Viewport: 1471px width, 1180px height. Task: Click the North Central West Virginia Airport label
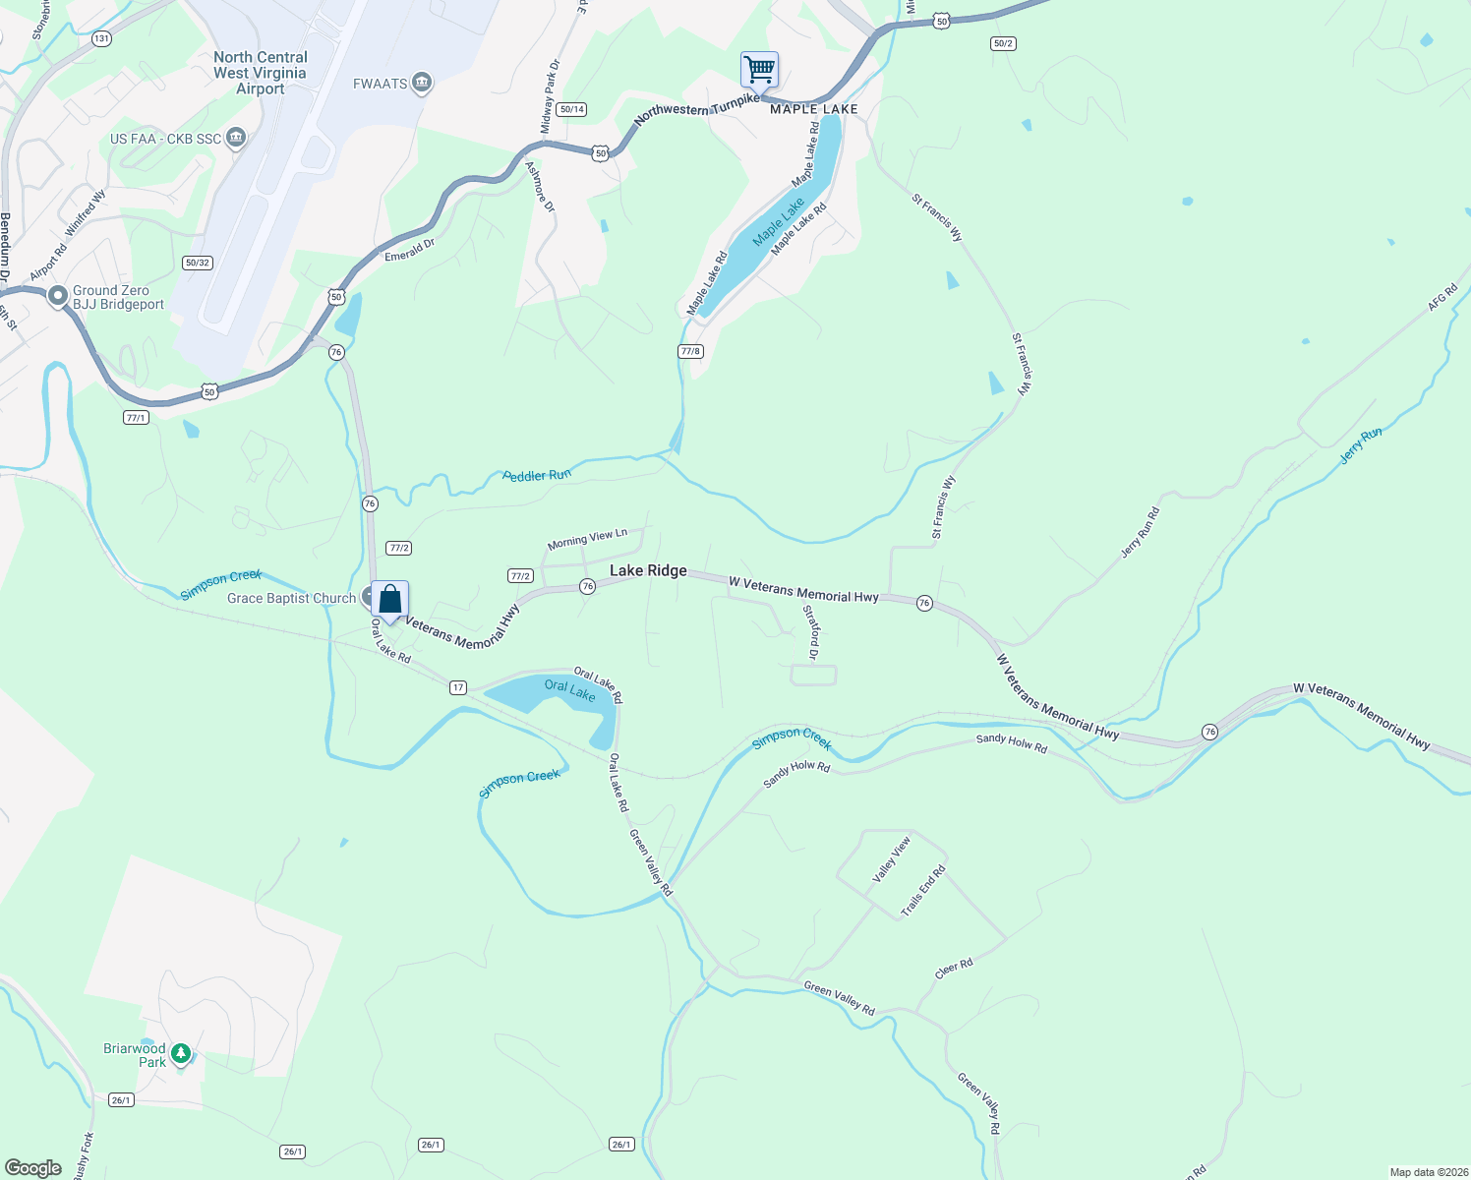[x=261, y=74]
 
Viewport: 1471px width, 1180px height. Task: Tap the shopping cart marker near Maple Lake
[x=759, y=70]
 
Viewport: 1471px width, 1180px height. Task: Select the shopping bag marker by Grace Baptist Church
[x=390, y=599]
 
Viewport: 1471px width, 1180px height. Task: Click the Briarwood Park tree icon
[x=180, y=1054]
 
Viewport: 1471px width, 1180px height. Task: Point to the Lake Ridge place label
[x=648, y=570]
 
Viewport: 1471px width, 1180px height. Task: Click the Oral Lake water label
[x=569, y=689]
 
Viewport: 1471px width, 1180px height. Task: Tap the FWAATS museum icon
[x=422, y=84]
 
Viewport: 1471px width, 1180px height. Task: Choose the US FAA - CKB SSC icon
[x=236, y=139]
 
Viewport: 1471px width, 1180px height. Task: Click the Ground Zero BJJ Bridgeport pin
[x=58, y=295]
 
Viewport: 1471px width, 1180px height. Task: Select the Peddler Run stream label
[x=537, y=476]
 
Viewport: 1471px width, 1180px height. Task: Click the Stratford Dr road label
[x=811, y=632]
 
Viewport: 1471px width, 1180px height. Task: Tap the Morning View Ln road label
[x=587, y=539]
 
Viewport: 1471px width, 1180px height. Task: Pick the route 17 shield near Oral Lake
[x=458, y=687]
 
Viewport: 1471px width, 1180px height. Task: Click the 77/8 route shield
[x=690, y=351]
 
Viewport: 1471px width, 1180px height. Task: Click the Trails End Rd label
[x=923, y=891]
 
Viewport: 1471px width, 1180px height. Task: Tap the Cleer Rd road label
[x=954, y=969]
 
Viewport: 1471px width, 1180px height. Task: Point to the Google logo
[x=33, y=1168]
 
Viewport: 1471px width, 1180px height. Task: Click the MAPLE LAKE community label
[x=814, y=109]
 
